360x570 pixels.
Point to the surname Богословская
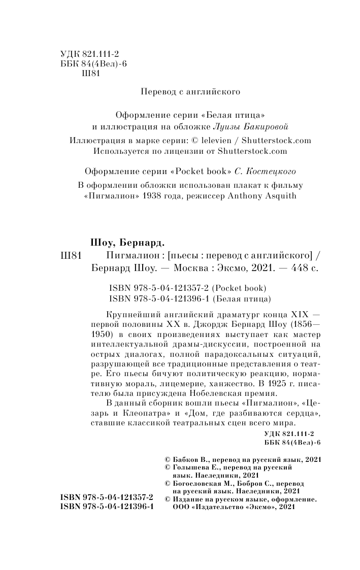click(x=195, y=484)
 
